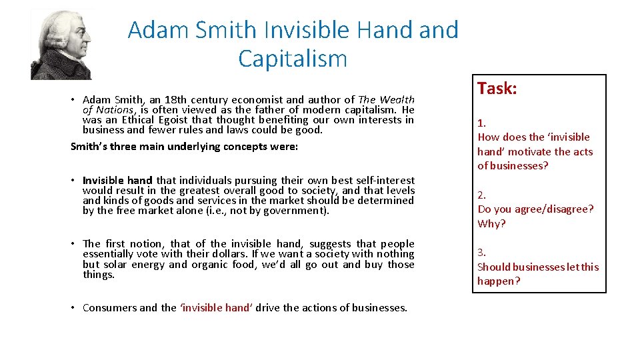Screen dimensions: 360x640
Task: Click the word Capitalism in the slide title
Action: [x=293, y=59]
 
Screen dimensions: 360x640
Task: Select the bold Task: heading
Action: [x=497, y=89]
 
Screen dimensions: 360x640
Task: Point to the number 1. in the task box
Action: [x=481, y=123]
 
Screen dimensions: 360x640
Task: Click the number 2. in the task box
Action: [x=481, y=195]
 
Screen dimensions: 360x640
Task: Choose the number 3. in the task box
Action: [x=481, y=253]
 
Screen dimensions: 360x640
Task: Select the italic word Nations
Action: [x=114, y=110]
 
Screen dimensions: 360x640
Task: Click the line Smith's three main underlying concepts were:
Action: [x=184, y=147]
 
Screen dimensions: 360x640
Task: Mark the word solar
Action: [x=114, y=265]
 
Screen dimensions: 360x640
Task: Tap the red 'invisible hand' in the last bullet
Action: [x=217, y=308]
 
